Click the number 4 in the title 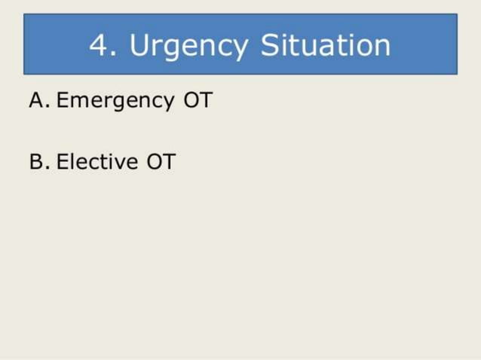click(98, 46)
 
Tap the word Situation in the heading click(326, 46)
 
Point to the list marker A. click(38, 100)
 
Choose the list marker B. click(38, 161)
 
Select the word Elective click(97, 161)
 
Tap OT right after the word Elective click(161, 161)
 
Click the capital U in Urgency click(139, 46)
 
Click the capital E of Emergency click(63, 100)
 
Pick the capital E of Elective click(63, 161)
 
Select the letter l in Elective click(74, 161)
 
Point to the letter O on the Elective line click(154, 161)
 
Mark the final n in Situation click(381, 47)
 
